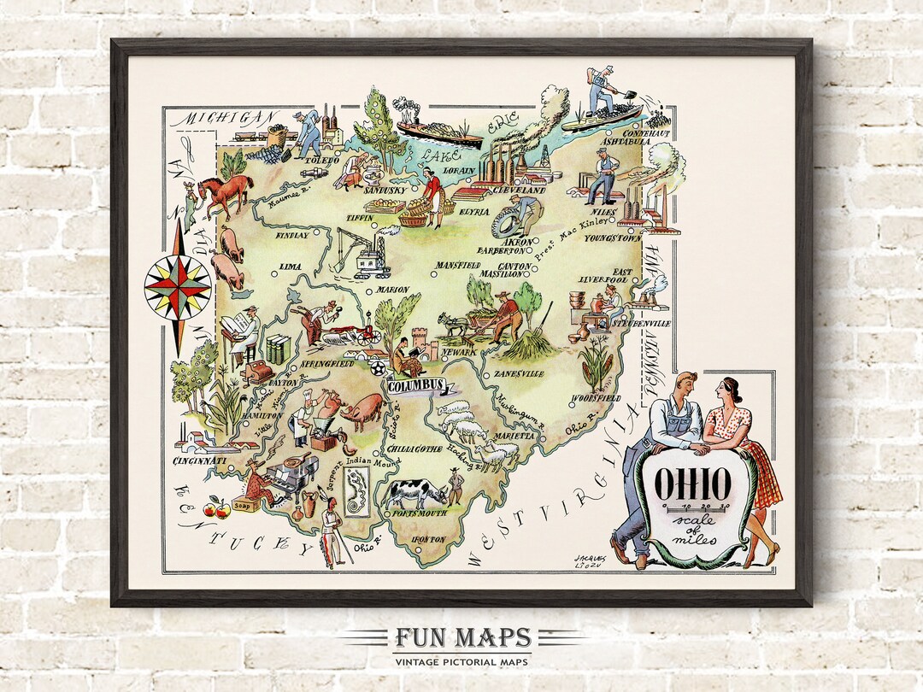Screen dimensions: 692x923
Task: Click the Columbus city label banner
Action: [415, 386]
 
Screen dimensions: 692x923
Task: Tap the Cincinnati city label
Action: [199, 461]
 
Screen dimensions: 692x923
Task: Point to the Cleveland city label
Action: [520, 190]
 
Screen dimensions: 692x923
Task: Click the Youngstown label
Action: [613, 239]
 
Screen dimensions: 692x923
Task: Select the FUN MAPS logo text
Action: [462, 638]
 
